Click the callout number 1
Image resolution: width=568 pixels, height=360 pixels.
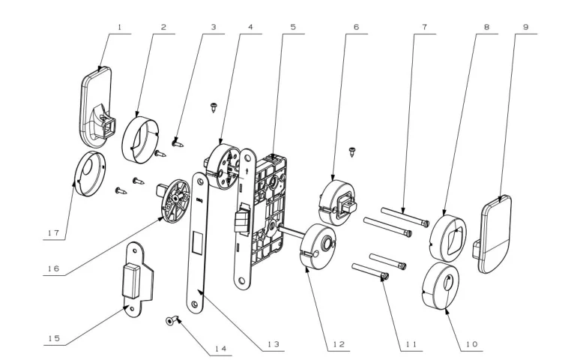[120, 27]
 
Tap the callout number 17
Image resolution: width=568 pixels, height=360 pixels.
[53, 232]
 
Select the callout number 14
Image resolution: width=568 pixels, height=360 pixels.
[220, 349]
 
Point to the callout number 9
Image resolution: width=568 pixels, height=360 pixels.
[525, 27]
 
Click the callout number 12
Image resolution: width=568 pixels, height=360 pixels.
[339, 344]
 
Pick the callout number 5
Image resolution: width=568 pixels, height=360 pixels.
[293, 27]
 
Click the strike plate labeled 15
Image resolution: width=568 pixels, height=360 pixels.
[137, 279]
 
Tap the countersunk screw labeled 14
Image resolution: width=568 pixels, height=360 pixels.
[173, 320]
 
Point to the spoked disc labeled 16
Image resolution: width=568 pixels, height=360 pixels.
[175, 200]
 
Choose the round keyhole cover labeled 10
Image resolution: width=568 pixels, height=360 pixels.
[441, 286]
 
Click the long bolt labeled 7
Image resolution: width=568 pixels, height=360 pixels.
[405, 217]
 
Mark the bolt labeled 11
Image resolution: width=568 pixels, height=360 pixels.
[370, 271]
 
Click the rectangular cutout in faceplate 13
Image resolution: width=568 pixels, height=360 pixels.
[198, 243]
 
